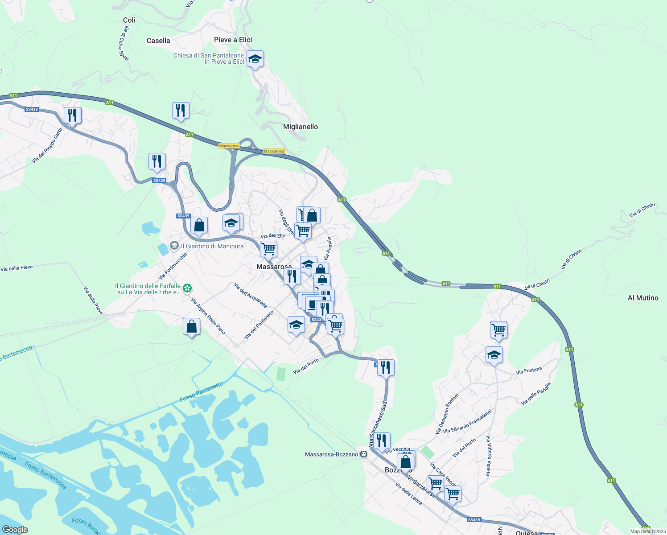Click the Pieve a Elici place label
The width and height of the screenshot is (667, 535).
pyautogui.click(x=233, y=40)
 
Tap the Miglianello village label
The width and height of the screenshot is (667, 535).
pyautogui.click(x=301, y=127)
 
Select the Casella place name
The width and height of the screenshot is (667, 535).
pyautogui.click(x=158, y=41)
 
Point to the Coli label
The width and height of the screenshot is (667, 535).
pyautogui.click(x=129, y=21)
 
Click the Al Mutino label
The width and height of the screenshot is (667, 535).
pyautogui.click(x=643, y=298)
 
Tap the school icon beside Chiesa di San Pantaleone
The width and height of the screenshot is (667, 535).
pyautogui.click(x=255, y=59)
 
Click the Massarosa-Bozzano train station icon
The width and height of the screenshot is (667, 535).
pyautogui.click(x=364, y=454)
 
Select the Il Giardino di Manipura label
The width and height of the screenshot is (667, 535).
pyautogui.click(x=212, y=247)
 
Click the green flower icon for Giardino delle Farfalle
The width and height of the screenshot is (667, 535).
pyautogui.click(x=188, y=288)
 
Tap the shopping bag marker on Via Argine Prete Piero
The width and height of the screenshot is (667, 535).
pyautogui.click(x=191, y=327)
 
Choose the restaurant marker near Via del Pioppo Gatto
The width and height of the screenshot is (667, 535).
pyautogui.click(x=72, y=115)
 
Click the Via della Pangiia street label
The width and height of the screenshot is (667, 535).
pyautogui.click(x=536, y=394)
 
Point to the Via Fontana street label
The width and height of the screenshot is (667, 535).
pyautogui.click(x=529, y=371)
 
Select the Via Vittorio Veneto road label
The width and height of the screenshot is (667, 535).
pyautogui.click(x=489, y=456)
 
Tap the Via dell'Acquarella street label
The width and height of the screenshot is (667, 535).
pyautogui.click(x=251, y=296)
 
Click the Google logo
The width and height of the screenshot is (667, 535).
pyautogui.click(x=15, y=530)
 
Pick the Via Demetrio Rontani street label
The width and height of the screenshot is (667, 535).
pyautogui.click(x=447, y=414)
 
